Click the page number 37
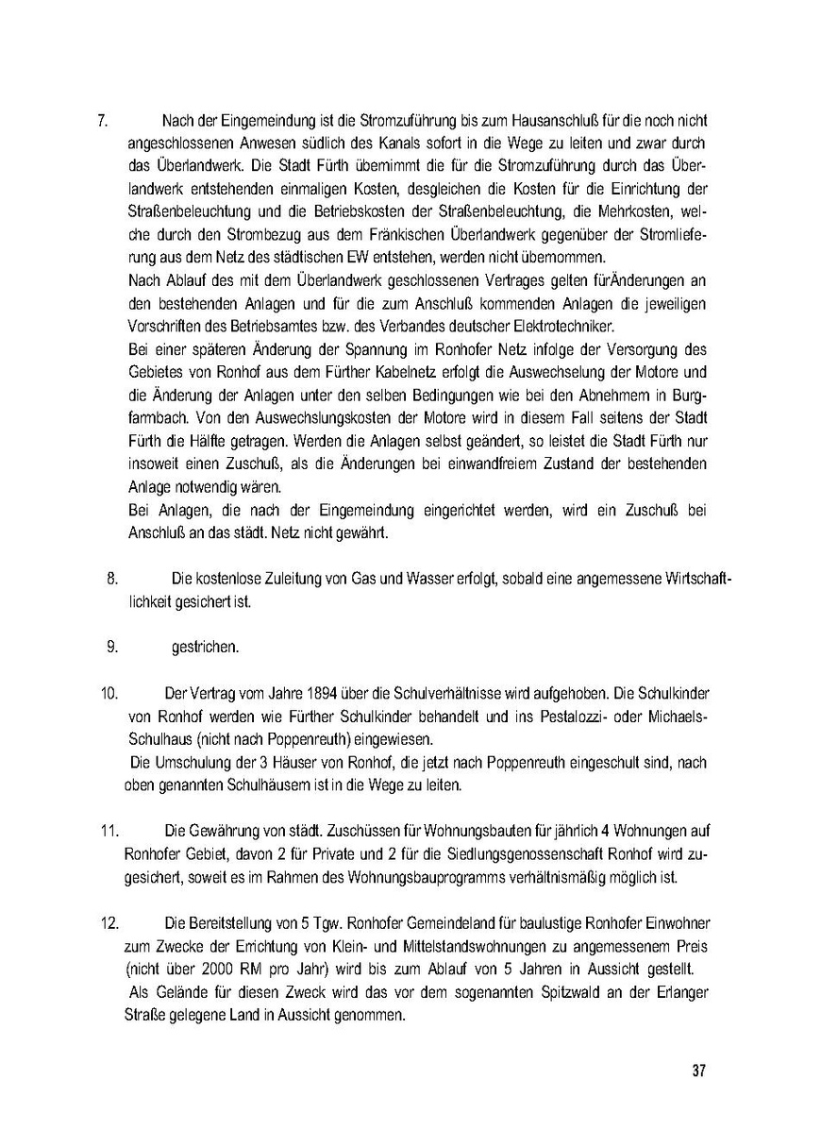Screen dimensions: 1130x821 (x=698, y=1071)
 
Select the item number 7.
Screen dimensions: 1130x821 (x=107, y=121)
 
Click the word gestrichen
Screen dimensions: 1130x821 (x=205, y=648)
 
